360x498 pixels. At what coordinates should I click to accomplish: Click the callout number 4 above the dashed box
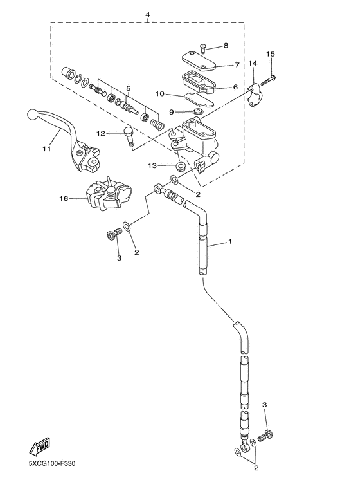(147, 15)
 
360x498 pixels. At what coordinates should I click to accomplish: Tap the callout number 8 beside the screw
(226, 46)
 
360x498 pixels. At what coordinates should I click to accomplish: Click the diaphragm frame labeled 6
(201, 82)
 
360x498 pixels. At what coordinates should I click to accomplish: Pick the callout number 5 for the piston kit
(129, 88)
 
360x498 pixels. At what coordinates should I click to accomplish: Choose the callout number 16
(64, 199)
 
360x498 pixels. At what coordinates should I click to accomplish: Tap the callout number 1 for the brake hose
(230, 243)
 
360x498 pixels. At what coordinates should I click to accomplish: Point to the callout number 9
(172, 112)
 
